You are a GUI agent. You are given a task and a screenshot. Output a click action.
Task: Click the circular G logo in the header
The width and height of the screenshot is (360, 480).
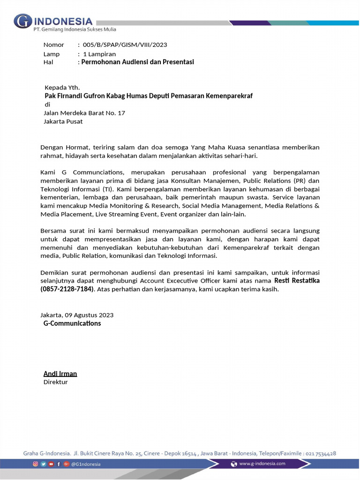tap(22, 22)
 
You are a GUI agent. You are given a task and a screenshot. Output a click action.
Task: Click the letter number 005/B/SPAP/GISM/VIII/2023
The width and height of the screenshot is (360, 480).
tap(125, 45)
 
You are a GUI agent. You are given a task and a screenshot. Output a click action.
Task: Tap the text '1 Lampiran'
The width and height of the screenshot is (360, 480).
tap(99, 54)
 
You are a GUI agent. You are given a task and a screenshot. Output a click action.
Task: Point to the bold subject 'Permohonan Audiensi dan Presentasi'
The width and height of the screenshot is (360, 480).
tap(137, 62)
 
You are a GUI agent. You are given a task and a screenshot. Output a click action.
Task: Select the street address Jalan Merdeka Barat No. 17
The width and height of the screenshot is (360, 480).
tap(84, 113)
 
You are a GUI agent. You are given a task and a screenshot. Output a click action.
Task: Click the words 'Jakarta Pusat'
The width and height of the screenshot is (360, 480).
tap(63, 121)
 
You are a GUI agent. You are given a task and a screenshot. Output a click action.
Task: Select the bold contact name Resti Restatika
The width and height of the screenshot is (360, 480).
tap(297, 281)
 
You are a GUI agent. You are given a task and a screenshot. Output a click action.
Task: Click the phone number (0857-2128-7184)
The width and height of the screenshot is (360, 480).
tap(67, 289)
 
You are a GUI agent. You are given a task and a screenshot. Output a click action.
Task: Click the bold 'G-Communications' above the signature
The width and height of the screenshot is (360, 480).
tap(72, 323)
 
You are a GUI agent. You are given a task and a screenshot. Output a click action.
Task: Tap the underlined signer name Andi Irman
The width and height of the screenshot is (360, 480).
tap(60, 374)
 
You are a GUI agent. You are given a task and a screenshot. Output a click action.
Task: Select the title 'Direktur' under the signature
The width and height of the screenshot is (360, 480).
tap(55, 382)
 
